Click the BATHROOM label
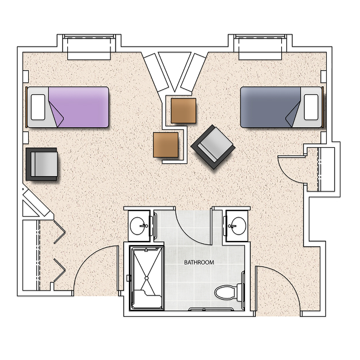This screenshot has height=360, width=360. click(199, 262)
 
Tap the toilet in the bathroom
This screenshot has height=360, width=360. click(228, 293)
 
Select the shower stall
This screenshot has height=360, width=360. click(147, 278)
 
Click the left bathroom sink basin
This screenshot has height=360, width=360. click(137, 226)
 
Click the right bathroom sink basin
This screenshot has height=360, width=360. click(239, 226)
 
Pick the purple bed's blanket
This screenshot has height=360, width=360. click(79, 107)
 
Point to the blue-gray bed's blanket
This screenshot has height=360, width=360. click(270, 107)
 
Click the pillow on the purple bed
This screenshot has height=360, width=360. click(38, 107)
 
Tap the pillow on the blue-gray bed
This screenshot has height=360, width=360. click(311, 107)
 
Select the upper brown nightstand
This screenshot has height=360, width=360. click(183, 110)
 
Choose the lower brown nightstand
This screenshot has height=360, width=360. click(166, 145)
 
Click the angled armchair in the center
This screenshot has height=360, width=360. click(213, 147)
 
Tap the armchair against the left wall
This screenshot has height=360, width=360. click(41, 164)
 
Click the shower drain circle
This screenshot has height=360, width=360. click(147, 278)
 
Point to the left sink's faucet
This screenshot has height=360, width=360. click(144, 226)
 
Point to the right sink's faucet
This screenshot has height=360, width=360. click(232, 226)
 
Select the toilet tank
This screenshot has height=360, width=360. click(239, 293)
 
